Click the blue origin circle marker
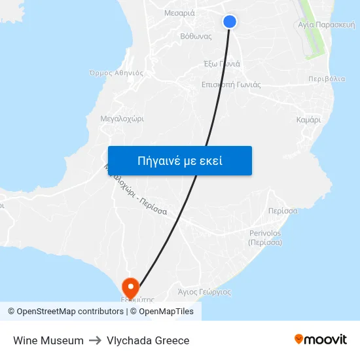click(229, 22)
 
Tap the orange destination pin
click(131, 287)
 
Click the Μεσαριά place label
click(179, 12)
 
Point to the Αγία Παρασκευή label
click(326, 24)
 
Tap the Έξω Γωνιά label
click(222, 64)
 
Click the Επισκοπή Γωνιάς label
click(231, 84)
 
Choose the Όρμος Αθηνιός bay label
click(116, 73)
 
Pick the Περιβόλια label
click(326, 79)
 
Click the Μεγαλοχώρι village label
click(122, 119)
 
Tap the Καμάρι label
click(308, 120)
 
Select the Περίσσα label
click(283, 211)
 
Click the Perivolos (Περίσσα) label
click(265, 237)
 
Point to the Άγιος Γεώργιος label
click(204, 292)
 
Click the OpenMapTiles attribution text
click(166, 312)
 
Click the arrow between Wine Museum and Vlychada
click(95, 340)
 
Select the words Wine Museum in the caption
click(48, 340)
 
